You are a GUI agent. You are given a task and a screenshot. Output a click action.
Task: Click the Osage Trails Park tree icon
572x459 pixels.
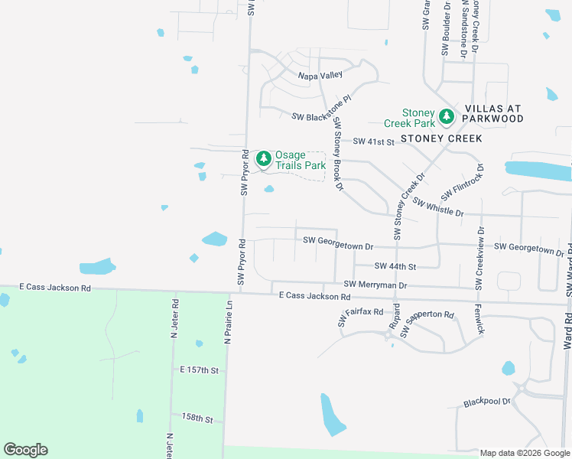pos(264,158)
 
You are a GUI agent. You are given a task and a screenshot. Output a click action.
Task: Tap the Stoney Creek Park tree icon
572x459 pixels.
pos(447,117)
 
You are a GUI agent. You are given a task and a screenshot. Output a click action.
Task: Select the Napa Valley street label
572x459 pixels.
pos(320,76)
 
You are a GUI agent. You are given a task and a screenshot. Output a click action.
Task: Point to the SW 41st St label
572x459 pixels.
pos(372,142)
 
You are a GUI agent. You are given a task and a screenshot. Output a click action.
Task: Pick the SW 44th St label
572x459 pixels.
pos(395,266)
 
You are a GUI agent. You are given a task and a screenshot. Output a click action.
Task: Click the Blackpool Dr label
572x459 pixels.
pos(487,402)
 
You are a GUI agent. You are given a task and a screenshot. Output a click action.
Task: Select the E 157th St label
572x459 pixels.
pos(200,370)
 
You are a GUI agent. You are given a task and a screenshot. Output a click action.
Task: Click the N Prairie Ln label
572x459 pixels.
pos(227,321)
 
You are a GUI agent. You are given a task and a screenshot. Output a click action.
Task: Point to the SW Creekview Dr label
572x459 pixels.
pos(480,257)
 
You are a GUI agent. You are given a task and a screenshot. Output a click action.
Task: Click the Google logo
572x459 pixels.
pos(25,450)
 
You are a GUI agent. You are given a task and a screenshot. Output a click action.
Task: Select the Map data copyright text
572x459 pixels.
pos(525,453)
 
